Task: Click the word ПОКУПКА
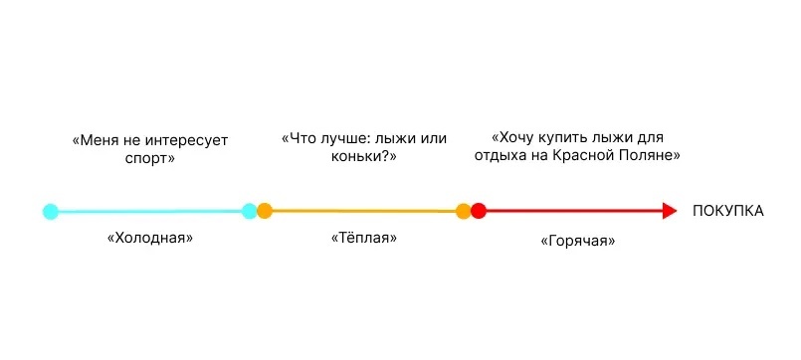pos(728,211)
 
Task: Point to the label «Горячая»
pos(577,241)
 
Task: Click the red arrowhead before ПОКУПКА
pos(669,211)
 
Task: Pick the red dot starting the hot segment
pos(479,211)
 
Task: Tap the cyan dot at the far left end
pos(51,211)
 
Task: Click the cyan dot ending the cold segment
pos(249,211)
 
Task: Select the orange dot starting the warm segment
pos(265,211)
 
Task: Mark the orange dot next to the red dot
pos(463,211)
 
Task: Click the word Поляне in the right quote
pos(650,156)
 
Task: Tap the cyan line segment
pos(149,211)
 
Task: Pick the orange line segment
pos(363,211)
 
